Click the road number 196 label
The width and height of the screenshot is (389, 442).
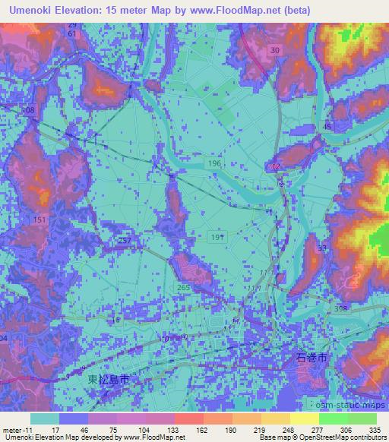(217, 163)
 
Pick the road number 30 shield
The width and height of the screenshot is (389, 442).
(274, 49)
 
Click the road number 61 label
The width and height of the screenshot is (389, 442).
(71, 35)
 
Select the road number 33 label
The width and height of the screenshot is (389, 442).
(322, 248)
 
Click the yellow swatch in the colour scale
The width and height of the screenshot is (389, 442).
(304, 418)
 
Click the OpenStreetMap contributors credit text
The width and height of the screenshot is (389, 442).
(345, 437)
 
